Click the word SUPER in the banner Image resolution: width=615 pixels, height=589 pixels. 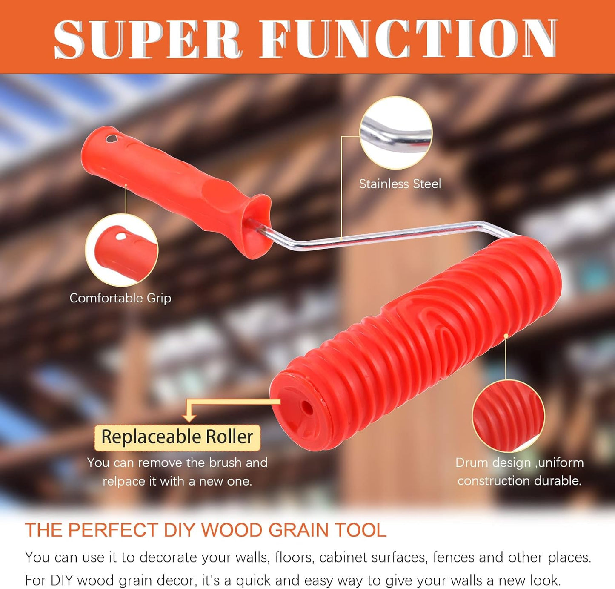148,39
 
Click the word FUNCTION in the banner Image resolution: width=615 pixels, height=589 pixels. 408,39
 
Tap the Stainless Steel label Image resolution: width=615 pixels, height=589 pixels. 400,184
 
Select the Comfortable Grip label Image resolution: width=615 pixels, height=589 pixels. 120,298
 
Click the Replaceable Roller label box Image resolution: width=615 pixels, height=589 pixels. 177,437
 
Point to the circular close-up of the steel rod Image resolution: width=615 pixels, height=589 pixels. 396,133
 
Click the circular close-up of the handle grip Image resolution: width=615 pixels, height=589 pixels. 122,250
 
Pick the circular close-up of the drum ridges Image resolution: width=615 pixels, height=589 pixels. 508,416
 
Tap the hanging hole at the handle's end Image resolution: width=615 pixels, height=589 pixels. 112,138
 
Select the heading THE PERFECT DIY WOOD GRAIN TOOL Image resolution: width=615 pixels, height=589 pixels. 206,530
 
